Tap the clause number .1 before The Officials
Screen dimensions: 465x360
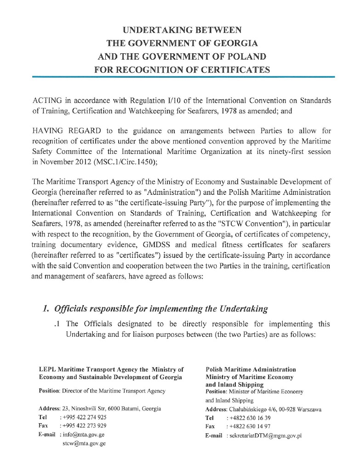(57, 324)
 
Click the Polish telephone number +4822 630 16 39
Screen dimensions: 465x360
(251, 418)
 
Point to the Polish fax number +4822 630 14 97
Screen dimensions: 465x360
(251, 427)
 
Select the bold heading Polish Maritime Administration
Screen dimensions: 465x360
(251, 369)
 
